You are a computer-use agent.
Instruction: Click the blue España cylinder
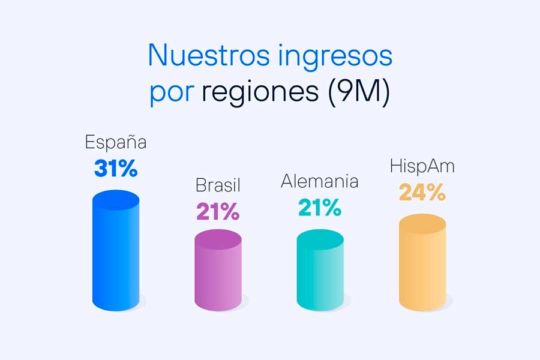116,250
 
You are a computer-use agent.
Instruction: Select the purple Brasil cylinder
218,270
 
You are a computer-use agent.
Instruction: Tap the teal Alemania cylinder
320,270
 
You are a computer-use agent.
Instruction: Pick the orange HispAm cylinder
422,263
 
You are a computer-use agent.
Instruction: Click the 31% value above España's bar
116,169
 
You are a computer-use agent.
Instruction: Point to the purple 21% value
218,211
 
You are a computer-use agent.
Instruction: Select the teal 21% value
320,208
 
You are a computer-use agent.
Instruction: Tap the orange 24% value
422,192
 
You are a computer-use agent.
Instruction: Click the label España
116,142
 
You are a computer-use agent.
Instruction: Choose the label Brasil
218,185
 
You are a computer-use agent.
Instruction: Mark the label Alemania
320,182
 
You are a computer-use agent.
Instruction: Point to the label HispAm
422,166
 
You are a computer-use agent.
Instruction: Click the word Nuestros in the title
209,55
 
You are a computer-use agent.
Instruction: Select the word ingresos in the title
335,57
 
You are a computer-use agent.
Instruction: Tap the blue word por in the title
172,94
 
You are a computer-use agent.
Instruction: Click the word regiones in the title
260,92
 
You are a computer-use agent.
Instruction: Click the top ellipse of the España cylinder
116,200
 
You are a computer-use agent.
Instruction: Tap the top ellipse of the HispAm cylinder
422,224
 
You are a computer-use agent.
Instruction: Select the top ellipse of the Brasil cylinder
218,239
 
